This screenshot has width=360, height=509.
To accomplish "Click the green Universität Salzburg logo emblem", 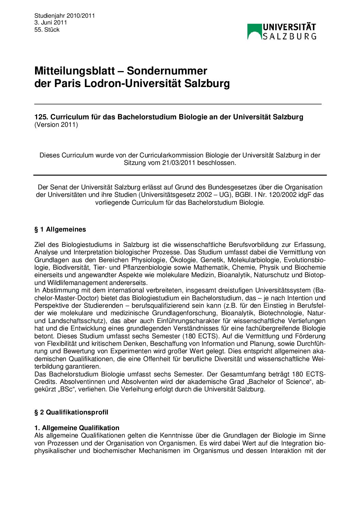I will [x=255, y=31].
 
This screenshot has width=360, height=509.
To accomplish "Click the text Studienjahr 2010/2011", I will [x=65, y=16].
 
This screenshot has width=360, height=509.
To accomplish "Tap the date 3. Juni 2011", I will [x=51, y=23].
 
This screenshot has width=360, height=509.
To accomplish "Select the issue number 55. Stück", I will [x=47, y=30].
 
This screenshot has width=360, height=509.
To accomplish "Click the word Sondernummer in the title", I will [x=167, y=71].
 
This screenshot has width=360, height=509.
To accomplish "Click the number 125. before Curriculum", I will [x=41, y=117].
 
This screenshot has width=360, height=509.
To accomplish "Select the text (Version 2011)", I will [x=56, y=125].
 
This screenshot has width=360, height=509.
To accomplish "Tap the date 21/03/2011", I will [x=176, y=163].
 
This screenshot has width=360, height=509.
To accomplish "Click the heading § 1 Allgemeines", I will [x=60, y=230].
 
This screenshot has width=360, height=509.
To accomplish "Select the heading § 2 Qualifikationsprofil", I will [x=71, y=412].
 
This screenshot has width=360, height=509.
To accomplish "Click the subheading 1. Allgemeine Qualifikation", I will [x=77, y=428].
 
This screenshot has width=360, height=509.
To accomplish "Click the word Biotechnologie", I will [x=280, y=313].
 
